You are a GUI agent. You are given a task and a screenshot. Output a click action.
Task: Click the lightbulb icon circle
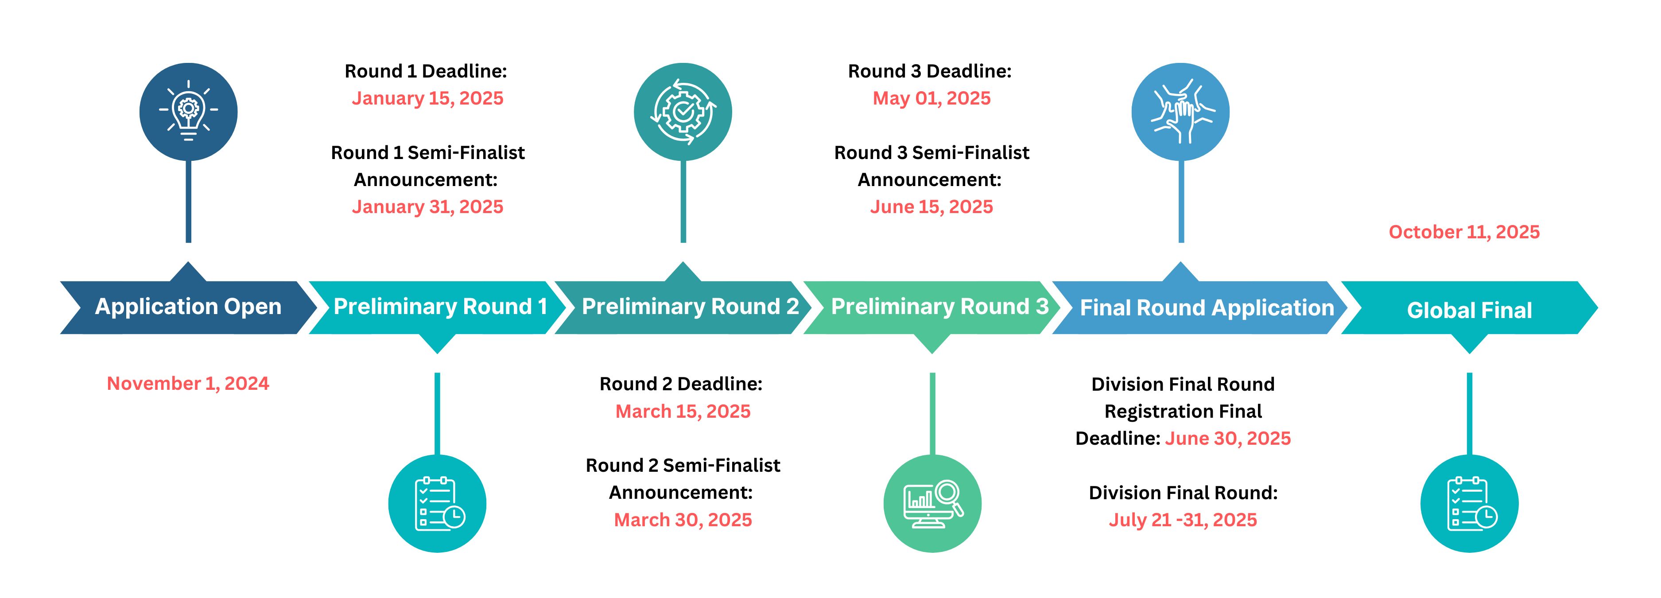pos(188,112)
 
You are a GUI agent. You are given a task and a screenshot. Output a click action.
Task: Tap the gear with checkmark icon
pos(683,112)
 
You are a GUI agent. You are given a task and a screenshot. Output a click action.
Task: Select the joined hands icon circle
pos(1180,112)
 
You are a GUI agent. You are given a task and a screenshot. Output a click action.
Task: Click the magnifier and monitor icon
pos(932,503)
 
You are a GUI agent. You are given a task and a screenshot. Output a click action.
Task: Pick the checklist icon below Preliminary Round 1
pos(437,503)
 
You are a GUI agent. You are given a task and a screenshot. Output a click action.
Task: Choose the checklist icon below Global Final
pos(1470,503)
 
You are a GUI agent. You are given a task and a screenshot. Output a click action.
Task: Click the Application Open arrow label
pos(188,307)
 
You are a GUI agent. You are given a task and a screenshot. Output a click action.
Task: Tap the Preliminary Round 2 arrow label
pos(691,307)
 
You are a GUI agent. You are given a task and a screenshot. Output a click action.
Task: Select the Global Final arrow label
pos(1470,310)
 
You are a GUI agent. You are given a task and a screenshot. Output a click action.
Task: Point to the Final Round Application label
pos(1207,308)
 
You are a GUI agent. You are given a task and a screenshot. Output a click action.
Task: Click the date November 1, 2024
pos(188,383)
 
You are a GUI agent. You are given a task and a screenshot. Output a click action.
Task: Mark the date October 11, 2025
pos(1464,232)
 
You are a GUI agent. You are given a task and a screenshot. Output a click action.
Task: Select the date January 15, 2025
pos(427,98)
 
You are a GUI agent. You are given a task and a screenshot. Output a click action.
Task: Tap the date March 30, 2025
pos(683,520)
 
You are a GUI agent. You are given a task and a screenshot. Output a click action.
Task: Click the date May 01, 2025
pos(932,98)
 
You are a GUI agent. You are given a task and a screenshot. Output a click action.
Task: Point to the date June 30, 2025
pos(1228,439)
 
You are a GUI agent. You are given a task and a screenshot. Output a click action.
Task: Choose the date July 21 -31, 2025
pos(1183,520)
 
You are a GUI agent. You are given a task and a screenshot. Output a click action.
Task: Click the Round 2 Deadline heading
pos(681,384)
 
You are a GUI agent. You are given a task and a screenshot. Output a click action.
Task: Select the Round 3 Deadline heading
pos(930,71)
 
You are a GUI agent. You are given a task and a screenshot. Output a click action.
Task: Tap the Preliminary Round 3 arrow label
pos(940,307)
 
